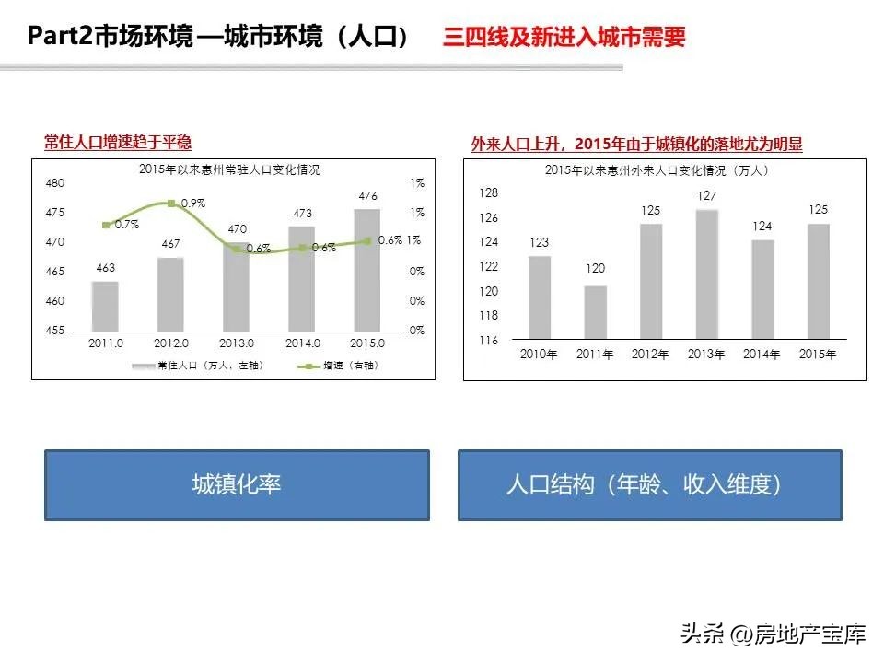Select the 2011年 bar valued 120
click(x=595, y=312)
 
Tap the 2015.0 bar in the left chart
click(x=367, y=270)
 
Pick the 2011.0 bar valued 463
click(x=106, y=306)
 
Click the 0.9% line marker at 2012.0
click(x=170, y=203)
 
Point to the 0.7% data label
click(x=126, y=224)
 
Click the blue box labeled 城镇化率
click(x=237, y=484)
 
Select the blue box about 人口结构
click(x=649, y=484)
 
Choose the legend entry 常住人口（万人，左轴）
click(x=198, y=366)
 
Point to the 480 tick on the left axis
click(x=54, y=183)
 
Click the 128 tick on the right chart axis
click(x=488, y=193)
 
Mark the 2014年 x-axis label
click(x=762, y=355)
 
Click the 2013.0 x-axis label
click(x=237, y=343)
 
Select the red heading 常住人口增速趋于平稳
click(x=118, y=142)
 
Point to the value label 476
click(x=367, y=196)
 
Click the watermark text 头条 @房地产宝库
click(x=773, y=634)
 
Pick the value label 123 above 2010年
click(x=539, y=243)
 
